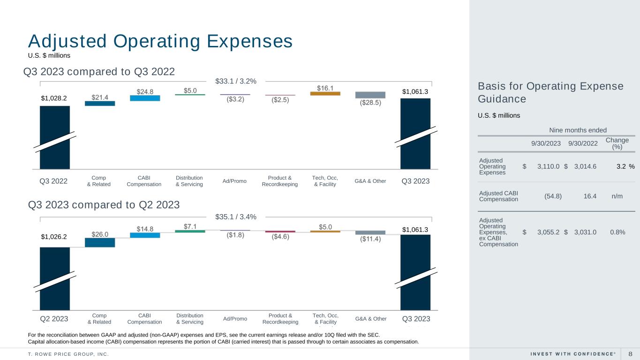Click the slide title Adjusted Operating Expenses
[x=160, y=41]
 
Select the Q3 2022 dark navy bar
[x=54, y=137]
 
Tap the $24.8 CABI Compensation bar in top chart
[x=145, y=98]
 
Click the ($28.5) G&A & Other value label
[x=370, y=103]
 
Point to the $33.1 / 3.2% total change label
[x=236, y=81]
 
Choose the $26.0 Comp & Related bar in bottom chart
[x=100, y=242]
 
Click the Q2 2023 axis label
[x=54, y=319]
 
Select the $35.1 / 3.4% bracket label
[x=236, y=217]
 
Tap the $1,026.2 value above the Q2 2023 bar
[x=54, y=237]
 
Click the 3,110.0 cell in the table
[x=548, y=166]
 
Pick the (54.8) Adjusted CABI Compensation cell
[x=553, y=196]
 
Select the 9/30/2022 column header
[x=583, y=143]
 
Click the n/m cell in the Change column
[x=617, y=196]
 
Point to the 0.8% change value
[x=617, y=232]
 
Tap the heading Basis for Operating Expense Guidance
[x=550, y=92]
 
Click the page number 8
[x=630, y=354]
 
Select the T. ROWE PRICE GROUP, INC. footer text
[x=68, y=354]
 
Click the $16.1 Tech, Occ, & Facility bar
[x=325, y=93]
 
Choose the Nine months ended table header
[x=578, y=130]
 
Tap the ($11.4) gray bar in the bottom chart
[x=370, y=232]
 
